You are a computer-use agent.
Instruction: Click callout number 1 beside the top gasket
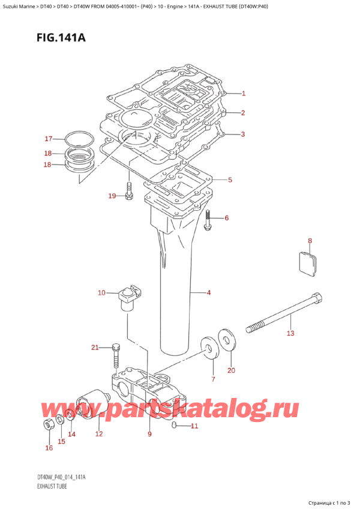tap(244, 93)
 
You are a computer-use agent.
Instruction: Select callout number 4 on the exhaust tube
tap(208, 293)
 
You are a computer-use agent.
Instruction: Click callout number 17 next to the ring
tap(49, 139)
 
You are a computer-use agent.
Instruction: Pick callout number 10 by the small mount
tap(101, 293)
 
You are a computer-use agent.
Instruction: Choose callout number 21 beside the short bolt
tap(94, 348)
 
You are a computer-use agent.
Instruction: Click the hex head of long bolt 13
tap(316, 298)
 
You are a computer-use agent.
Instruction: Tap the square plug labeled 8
tap(308, 265)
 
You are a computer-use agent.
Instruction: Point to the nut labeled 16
tap(49, 425)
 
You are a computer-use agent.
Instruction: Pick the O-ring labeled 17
tap(77, 140)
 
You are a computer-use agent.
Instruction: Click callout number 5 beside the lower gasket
tap(230, 179)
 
